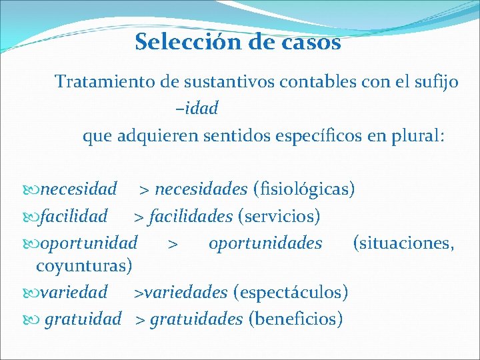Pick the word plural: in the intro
411,137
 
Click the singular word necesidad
79,189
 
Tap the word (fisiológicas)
304,189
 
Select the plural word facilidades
191,217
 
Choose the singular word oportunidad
89,243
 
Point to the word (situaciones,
404,243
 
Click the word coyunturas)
84,266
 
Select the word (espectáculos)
290,292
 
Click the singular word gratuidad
83,319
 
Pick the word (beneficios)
295,319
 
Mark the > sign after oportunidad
172,244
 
